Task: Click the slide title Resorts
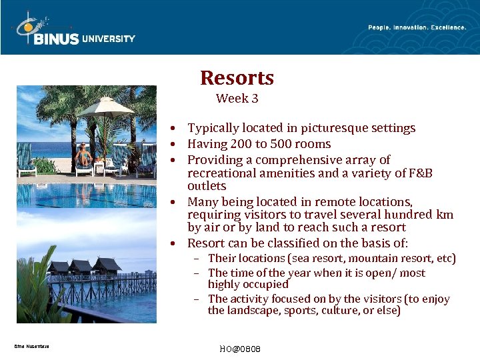tap(237, 78)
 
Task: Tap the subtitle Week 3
tap(237, 99)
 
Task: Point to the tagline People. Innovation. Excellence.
tap(417, 27)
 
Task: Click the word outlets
tap(207, 186)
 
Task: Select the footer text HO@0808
tap(239, 349)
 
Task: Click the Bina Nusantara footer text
tap(31, 346)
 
